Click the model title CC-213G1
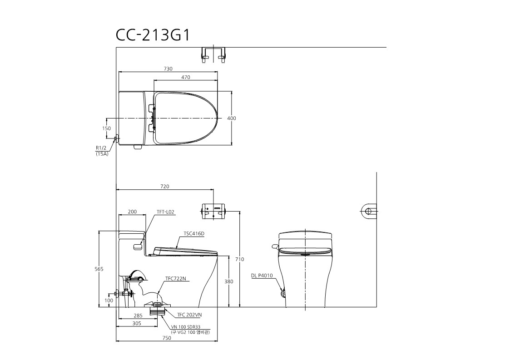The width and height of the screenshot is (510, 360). point(152,35)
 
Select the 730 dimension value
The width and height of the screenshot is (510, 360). point(168,69)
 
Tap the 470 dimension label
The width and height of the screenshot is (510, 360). point(186,77)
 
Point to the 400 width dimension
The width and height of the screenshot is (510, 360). point(232,118)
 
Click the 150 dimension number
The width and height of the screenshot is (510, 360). point(106,128)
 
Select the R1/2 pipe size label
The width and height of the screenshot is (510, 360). point(101,148)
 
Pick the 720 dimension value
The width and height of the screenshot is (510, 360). point(165,187)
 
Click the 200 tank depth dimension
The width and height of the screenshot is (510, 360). point(132,212)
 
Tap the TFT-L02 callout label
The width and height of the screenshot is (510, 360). point(166,212)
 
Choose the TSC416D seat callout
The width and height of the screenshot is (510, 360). point(194,233)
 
